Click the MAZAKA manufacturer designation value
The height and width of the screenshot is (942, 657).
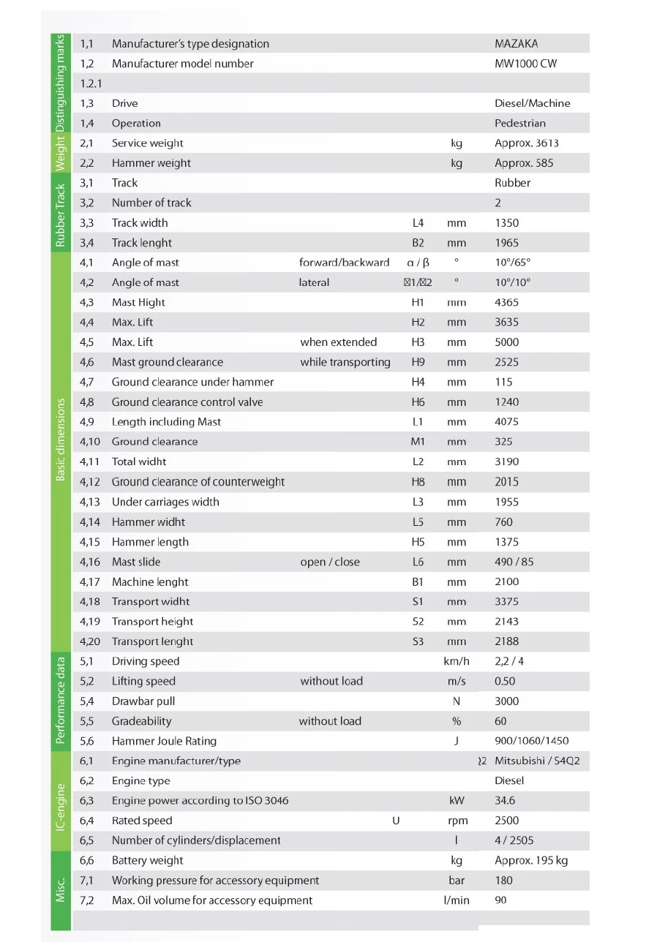coord(516,44)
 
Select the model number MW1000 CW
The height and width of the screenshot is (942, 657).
coord(525,64)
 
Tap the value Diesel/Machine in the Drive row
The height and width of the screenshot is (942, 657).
coord(532,103)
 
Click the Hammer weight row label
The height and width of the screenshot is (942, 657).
coord(151,163)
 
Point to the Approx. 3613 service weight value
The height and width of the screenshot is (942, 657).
coord(526,143)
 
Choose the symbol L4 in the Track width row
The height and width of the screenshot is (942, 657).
coord(418,222)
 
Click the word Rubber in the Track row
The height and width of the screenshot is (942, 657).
coord(512,183)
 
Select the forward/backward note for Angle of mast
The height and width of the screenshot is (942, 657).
coord(344,263)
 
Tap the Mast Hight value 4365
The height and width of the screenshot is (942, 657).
coord(506,302)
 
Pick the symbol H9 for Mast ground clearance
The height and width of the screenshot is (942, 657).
coord(418,362)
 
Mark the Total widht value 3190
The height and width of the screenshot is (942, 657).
coord(506,461)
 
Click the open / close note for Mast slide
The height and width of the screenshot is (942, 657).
coord(329,562)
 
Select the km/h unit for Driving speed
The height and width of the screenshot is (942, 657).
coord(457,661)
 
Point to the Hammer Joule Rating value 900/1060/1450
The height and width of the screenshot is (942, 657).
coord(531,741)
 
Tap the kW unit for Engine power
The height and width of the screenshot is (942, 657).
coord(457,801)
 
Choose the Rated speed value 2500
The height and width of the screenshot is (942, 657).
coord(506,821)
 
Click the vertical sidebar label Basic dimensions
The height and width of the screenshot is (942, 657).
coord(61,439)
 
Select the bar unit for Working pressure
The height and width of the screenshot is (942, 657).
coord(457,881)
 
